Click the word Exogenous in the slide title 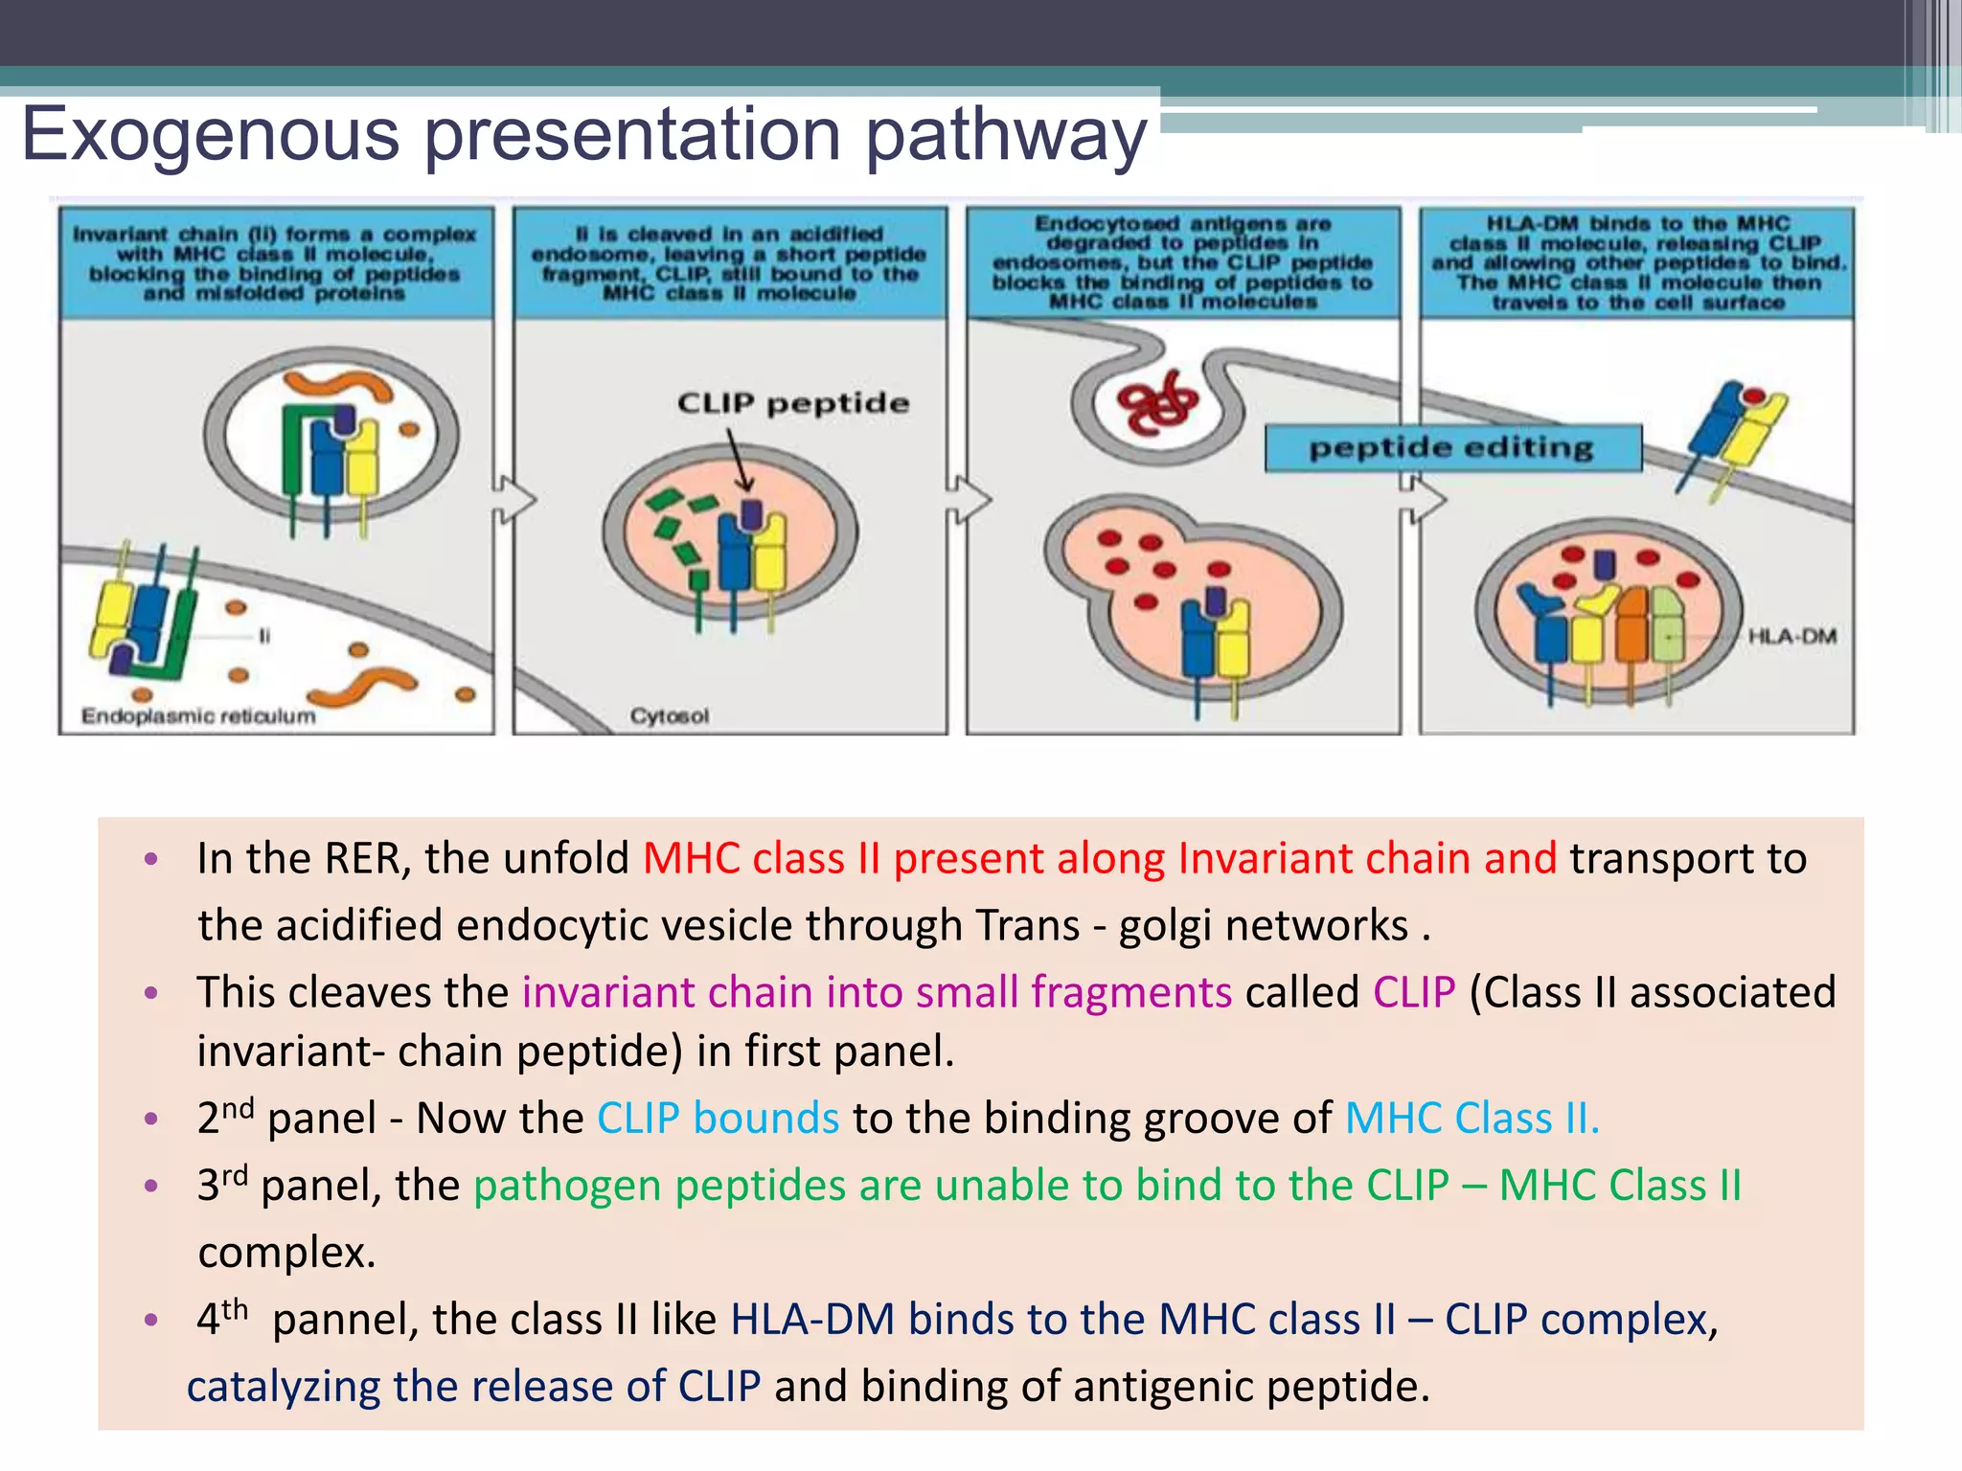coord(211,134)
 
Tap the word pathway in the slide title coord(1006,134)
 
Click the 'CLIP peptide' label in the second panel coord(792,403)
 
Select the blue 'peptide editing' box coord(1452,448)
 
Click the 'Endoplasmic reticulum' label coord(198,716)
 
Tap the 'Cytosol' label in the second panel coord(670,716)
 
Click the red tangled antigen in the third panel coord(1157,403)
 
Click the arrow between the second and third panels coord(969,499)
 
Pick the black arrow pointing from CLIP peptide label coord(739,460)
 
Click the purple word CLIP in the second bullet coord(1414,992)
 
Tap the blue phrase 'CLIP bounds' coord(719,1119)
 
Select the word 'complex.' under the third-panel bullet coord(286,1253)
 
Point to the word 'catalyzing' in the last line coord(283,1387)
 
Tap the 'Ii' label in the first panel coord(264,636)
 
